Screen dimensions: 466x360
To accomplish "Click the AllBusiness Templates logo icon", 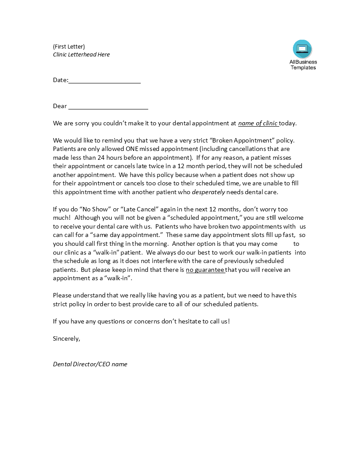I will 302,49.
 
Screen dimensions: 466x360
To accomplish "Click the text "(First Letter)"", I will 69,46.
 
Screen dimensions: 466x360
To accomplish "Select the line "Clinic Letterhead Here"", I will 81,54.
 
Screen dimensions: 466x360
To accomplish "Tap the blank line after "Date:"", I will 105,80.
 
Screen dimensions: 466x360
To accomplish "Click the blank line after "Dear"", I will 108,106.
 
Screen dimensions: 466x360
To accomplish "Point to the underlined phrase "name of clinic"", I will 258,123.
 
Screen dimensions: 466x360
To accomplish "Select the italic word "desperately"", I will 208,192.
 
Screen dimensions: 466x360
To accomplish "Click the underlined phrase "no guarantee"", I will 205,270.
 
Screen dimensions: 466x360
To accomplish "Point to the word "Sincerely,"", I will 67,338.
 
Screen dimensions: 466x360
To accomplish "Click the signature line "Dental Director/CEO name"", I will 90,364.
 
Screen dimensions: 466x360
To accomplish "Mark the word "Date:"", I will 60,80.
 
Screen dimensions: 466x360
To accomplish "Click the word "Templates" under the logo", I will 303,68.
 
